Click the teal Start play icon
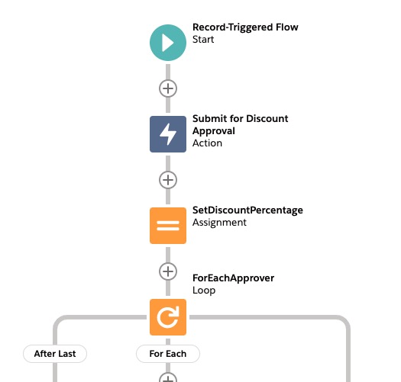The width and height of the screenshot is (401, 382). coord(168,43)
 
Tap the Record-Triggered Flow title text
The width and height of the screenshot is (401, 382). coord(245,27)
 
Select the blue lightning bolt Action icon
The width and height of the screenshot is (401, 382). coord(168,134)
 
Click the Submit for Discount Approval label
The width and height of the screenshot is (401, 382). coord(240,124)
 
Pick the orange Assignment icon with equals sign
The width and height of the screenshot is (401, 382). coord(168,226)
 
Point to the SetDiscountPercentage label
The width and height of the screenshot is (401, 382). coord(247,210)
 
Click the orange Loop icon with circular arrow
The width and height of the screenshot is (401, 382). coord(168,317)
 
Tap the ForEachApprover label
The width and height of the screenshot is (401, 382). coord(233,278)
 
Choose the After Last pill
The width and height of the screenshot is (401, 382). coord(55,354)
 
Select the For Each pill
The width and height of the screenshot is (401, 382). coord(168,354)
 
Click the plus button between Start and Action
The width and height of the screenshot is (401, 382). coord(168,88)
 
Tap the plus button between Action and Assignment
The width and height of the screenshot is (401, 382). coord(168,180)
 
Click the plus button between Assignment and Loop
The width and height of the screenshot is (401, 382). coord(168,271)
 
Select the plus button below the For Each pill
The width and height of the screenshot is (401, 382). coord(168,377)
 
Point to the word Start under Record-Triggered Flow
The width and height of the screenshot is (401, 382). coord(203,40)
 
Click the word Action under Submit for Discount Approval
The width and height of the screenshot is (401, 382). coord(207,143)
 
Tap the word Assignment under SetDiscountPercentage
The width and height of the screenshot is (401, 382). coord(219,223)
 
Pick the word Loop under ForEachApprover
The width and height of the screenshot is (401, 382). coord(204,291)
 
